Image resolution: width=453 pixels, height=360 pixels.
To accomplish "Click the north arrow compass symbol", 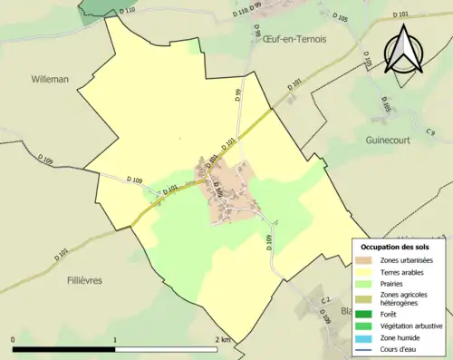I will tap(406, 50).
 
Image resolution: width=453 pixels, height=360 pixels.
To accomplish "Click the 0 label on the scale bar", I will tap(14, 339).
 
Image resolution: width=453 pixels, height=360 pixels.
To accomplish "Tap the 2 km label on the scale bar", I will tap(223, 339).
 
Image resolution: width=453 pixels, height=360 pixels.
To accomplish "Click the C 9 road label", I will tap(429, 133).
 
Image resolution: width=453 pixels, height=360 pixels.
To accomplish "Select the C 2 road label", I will tap(325, 300).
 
